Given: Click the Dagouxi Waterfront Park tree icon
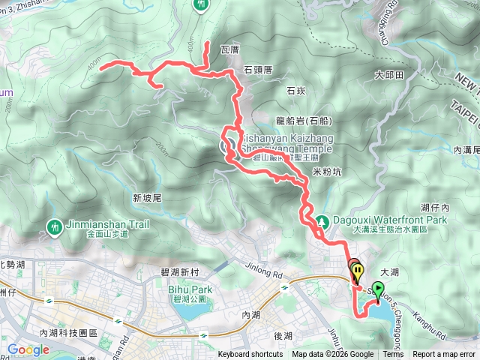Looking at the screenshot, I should click(322, 221).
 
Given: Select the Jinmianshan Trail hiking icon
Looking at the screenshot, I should click(54, 225).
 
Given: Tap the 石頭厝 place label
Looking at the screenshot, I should click(257, 69).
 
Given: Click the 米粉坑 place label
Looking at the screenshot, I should click(326, 172).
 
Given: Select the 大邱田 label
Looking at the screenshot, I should click(389, 75).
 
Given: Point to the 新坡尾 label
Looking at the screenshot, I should click(148, 198).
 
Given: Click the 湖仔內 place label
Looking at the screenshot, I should click(434, 206).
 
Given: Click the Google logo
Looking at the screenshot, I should click(28, 349).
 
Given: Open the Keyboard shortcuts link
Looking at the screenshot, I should click(250, 355).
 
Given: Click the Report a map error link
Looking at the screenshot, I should click(444, 355).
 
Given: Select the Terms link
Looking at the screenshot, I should click(393, 355).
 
